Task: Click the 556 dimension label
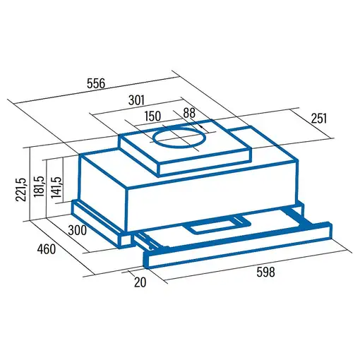tap(96, 83)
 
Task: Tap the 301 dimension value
tap(136, 100)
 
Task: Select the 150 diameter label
tap(152, 116)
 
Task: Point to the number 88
tap(189, 113)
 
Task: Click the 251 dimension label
tap(319, 119)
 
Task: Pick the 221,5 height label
tap(20, 189)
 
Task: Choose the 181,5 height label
tap(39, 186)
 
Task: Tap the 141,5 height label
tap(56, 187)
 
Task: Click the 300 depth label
tap(78, 230)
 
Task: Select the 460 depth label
tap(47, 249)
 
